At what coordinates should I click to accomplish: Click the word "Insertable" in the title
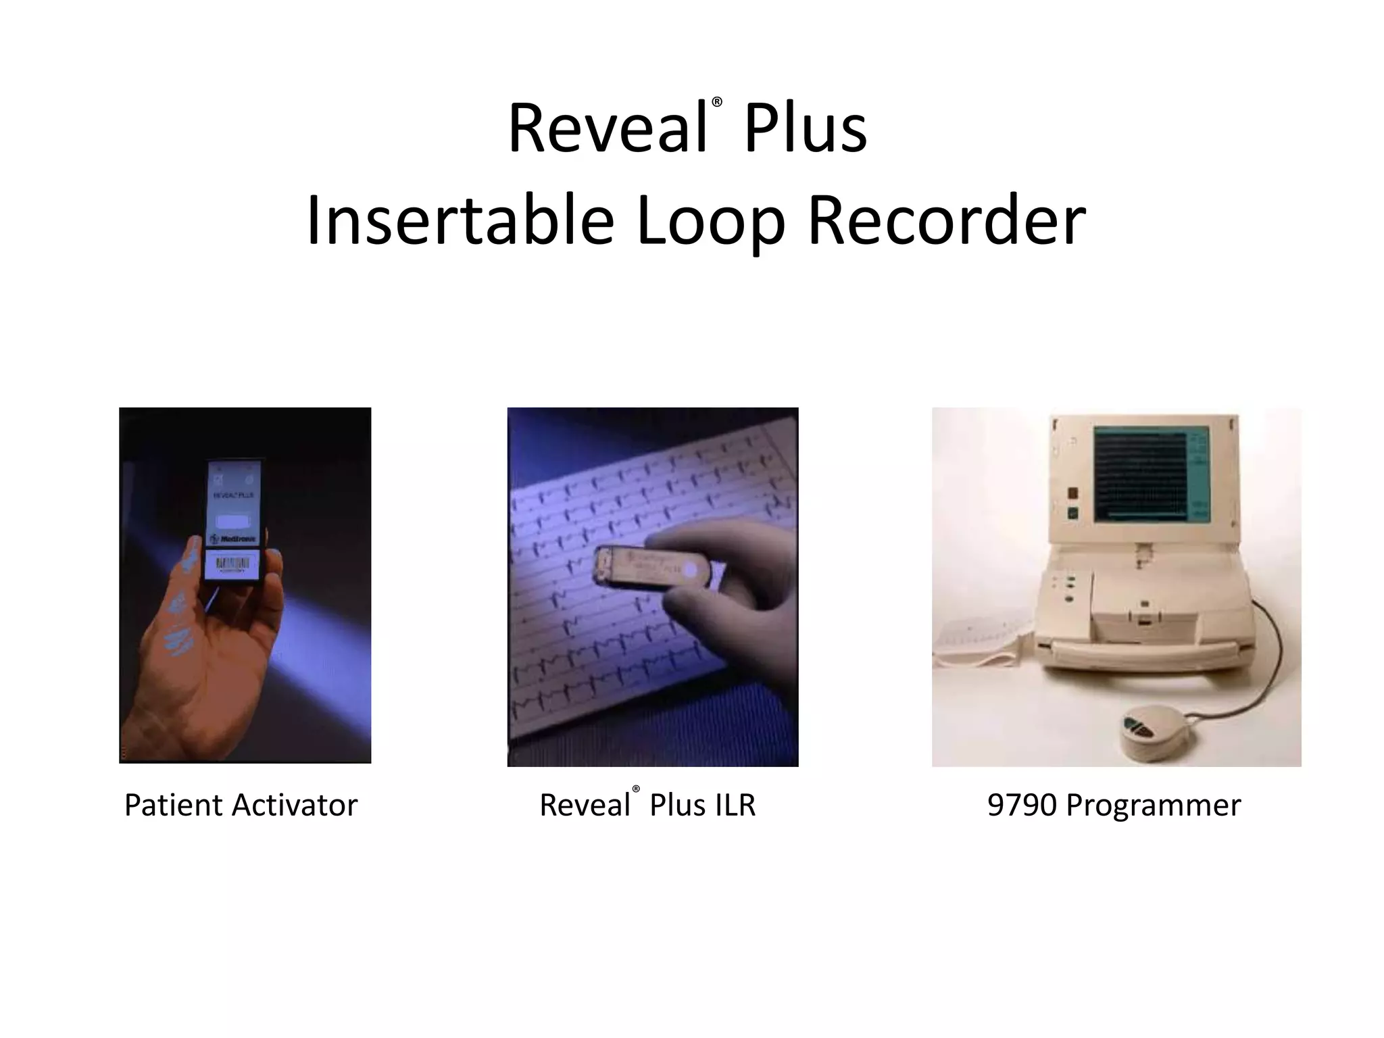[460, 221]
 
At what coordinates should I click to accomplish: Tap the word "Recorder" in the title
[946, 221]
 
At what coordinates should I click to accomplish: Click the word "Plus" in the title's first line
[805, 128]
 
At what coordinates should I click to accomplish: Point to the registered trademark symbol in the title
[717, 103]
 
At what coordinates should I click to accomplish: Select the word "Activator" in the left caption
[295, 806]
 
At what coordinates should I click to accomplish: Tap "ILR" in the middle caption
[730, 806]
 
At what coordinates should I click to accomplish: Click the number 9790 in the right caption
[1022, 806]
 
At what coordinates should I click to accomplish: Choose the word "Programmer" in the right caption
[1153, 806]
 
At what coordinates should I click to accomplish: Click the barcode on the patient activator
[232, 564]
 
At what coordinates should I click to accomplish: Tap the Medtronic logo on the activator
[232, 539]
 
